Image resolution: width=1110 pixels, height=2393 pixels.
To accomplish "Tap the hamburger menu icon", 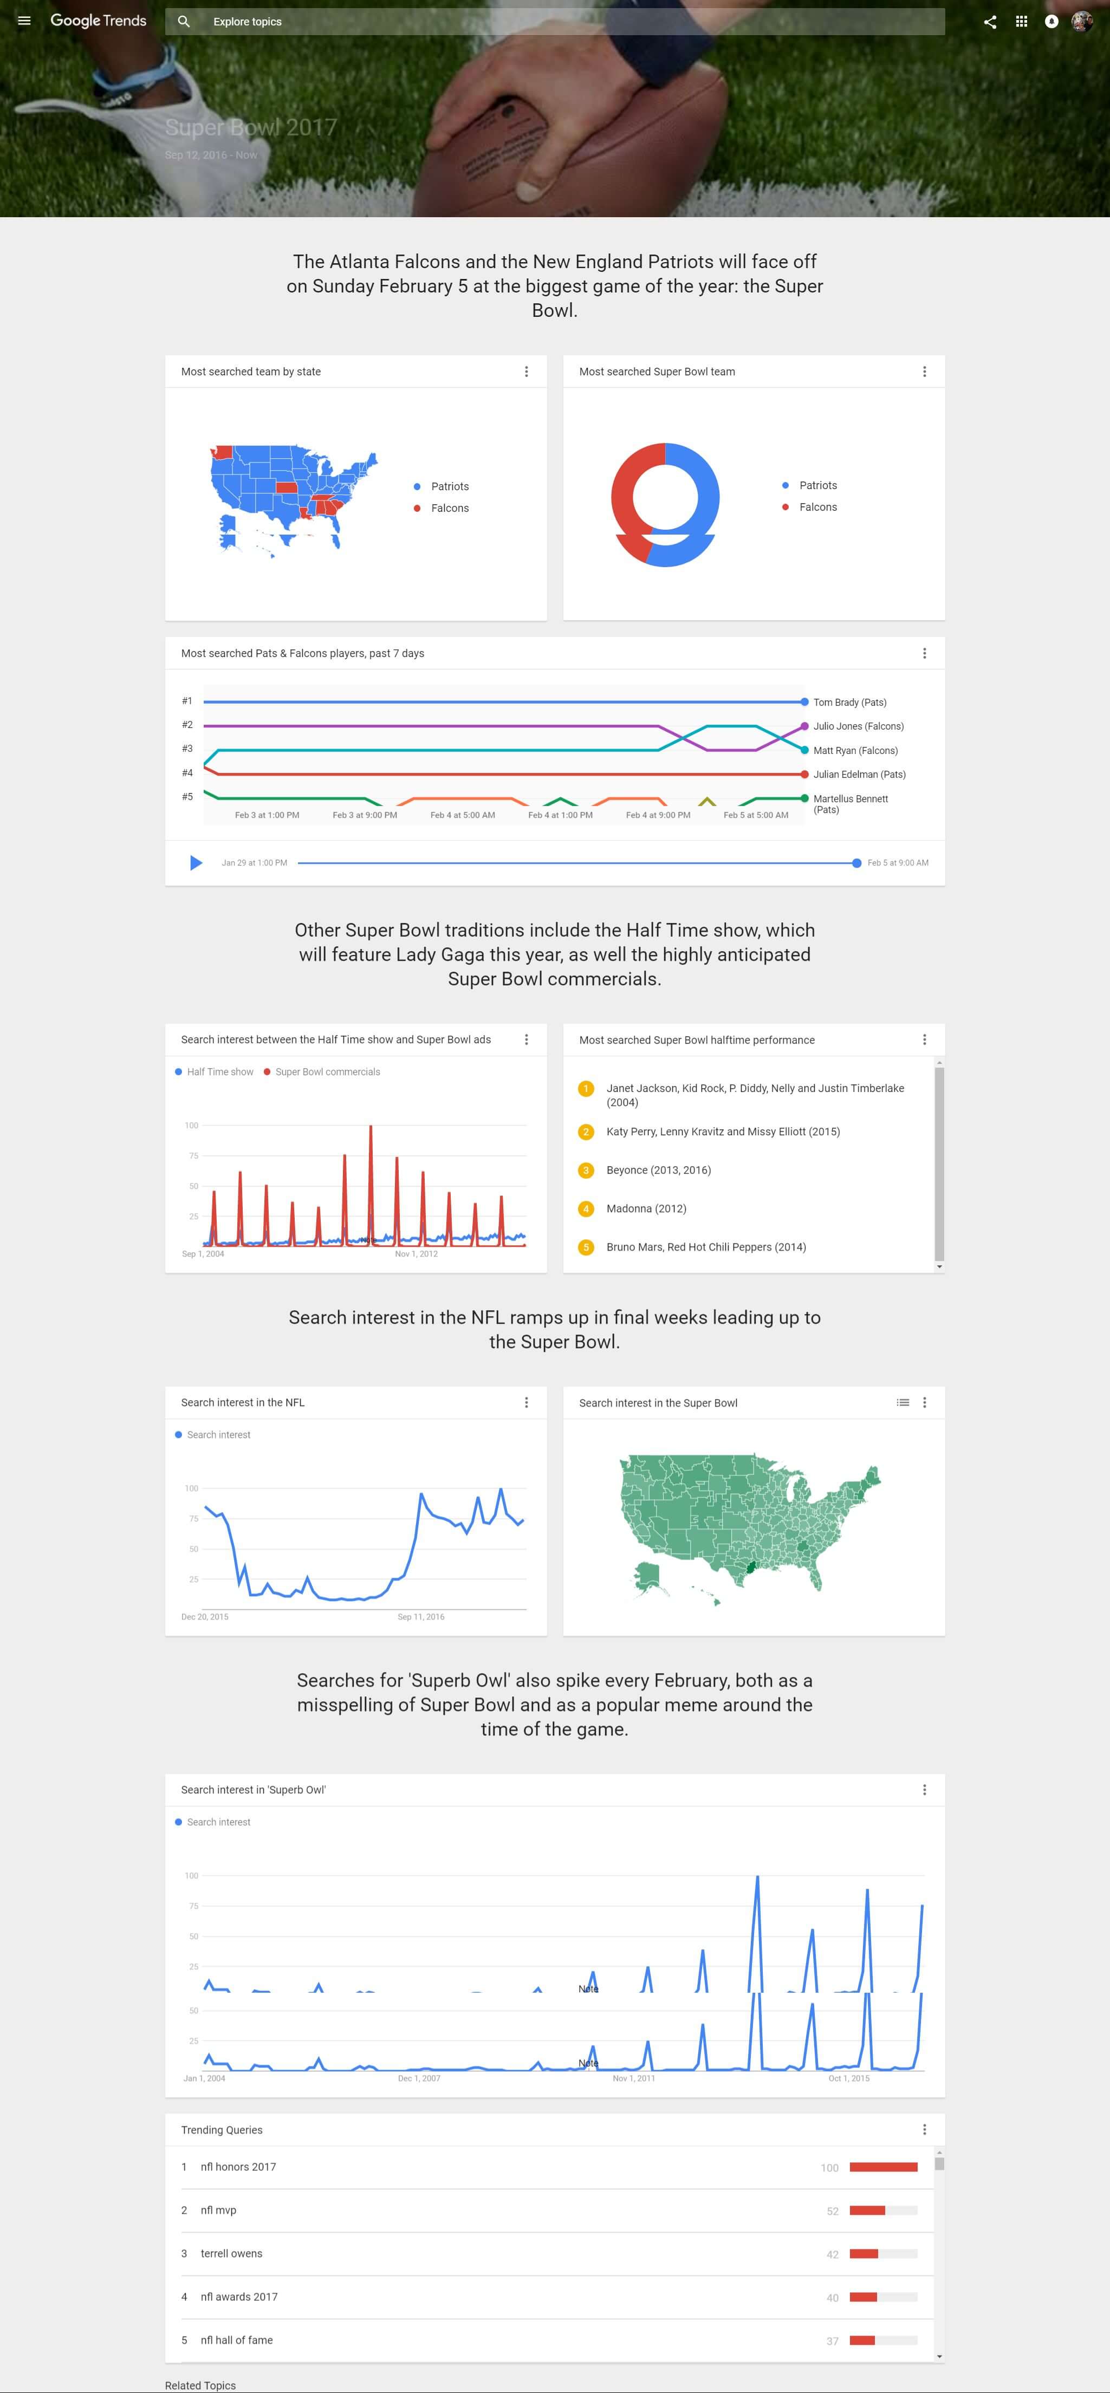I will tap(24, 21).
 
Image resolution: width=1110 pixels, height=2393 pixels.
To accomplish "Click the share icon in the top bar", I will tap(990, 21).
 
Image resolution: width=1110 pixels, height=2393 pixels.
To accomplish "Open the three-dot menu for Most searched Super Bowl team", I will tap(924, 372).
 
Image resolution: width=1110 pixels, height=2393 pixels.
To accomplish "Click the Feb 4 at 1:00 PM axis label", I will tap(560, 815).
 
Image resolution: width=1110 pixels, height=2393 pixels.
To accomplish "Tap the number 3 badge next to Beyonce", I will tap(586, 1171).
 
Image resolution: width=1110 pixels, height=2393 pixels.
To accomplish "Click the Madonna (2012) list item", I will tap(646, 1208).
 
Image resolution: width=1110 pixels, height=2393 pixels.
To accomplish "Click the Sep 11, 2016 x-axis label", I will tap(421, 1616).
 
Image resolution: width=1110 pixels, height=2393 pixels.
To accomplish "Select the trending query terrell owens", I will tap(231, 2254).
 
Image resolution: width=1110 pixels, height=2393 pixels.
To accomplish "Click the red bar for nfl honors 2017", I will tap(884, 2167).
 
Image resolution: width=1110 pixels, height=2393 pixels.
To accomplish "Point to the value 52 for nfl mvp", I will tap(832, 2211).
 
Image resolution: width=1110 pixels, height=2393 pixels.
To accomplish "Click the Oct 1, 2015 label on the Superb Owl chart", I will tap(849, 2078).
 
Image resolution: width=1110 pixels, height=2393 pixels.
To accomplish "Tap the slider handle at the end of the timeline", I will tap(856, 863).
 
